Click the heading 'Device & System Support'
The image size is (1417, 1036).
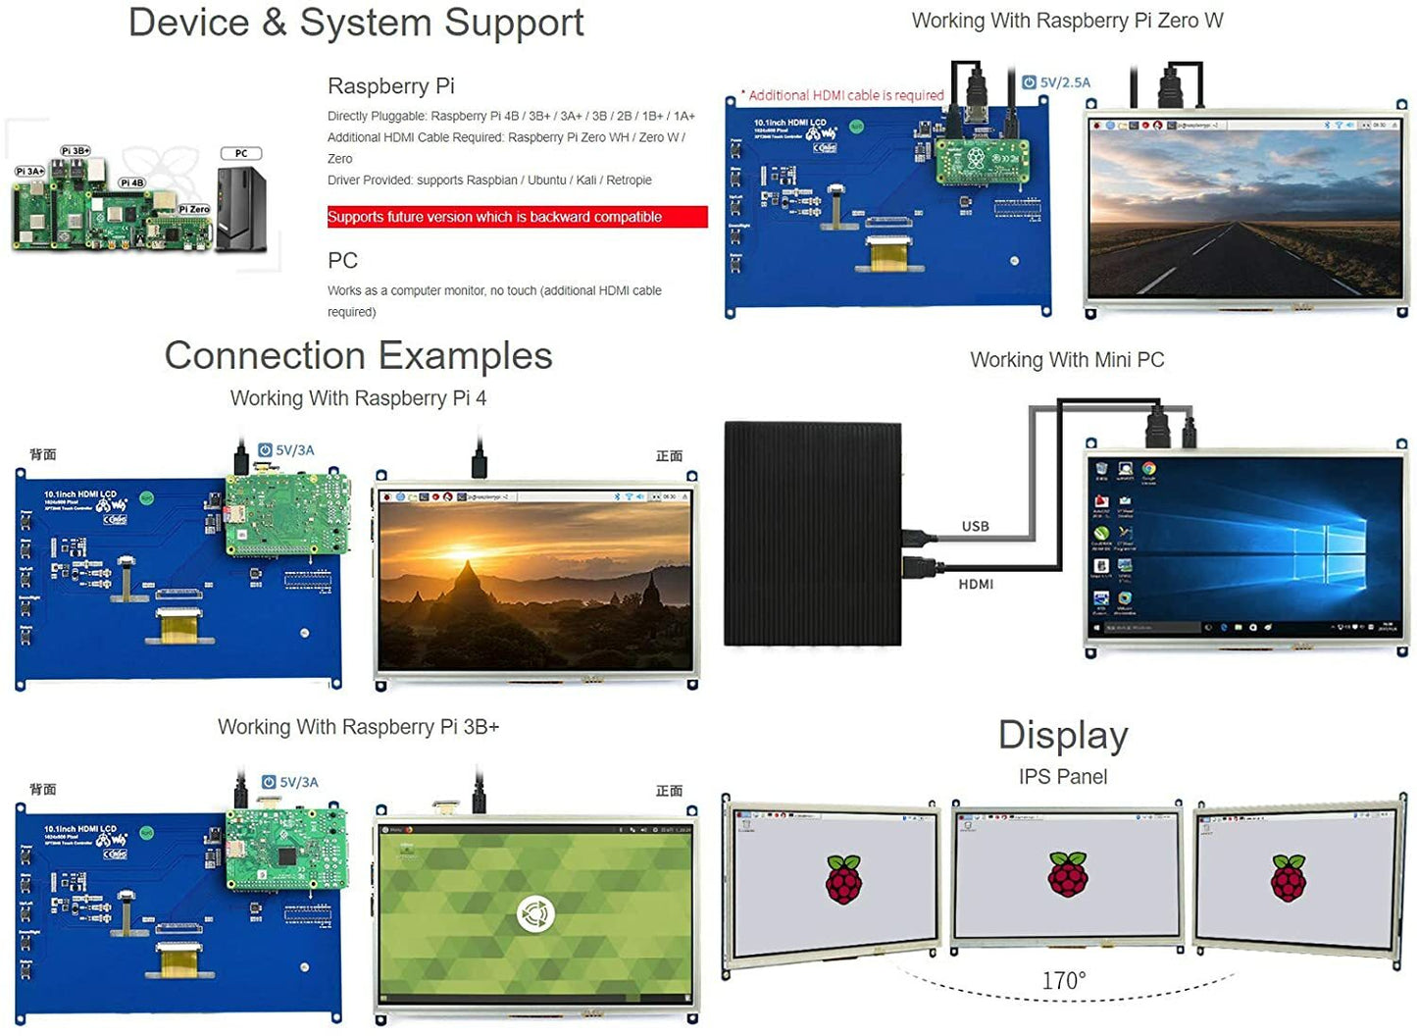tap(355, 23)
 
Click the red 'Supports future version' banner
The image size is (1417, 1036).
tap(517, 217)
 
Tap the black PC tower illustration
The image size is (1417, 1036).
tap(241, 209)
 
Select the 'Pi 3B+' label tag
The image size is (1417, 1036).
tap(76, 151)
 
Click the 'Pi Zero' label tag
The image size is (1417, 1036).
tap(194, 209)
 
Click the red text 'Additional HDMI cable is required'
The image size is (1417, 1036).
tap(845, 95)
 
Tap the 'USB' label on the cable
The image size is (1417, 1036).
tap(975, 527)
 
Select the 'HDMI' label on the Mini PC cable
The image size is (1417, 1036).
tap(976, 585)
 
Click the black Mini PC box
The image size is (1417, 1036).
tap(812, 534)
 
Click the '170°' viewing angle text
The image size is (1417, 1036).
tap(1063, 980)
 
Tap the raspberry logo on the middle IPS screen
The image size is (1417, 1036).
tap(1067, 874)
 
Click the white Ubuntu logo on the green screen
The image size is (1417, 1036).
tap(535, 914)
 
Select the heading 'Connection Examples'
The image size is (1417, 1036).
tap(358, 355)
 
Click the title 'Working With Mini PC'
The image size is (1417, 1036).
tap(1067, 360)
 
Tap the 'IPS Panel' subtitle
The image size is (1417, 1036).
tap(1062, 777)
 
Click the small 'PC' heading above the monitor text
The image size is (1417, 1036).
tap(342, 261)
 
